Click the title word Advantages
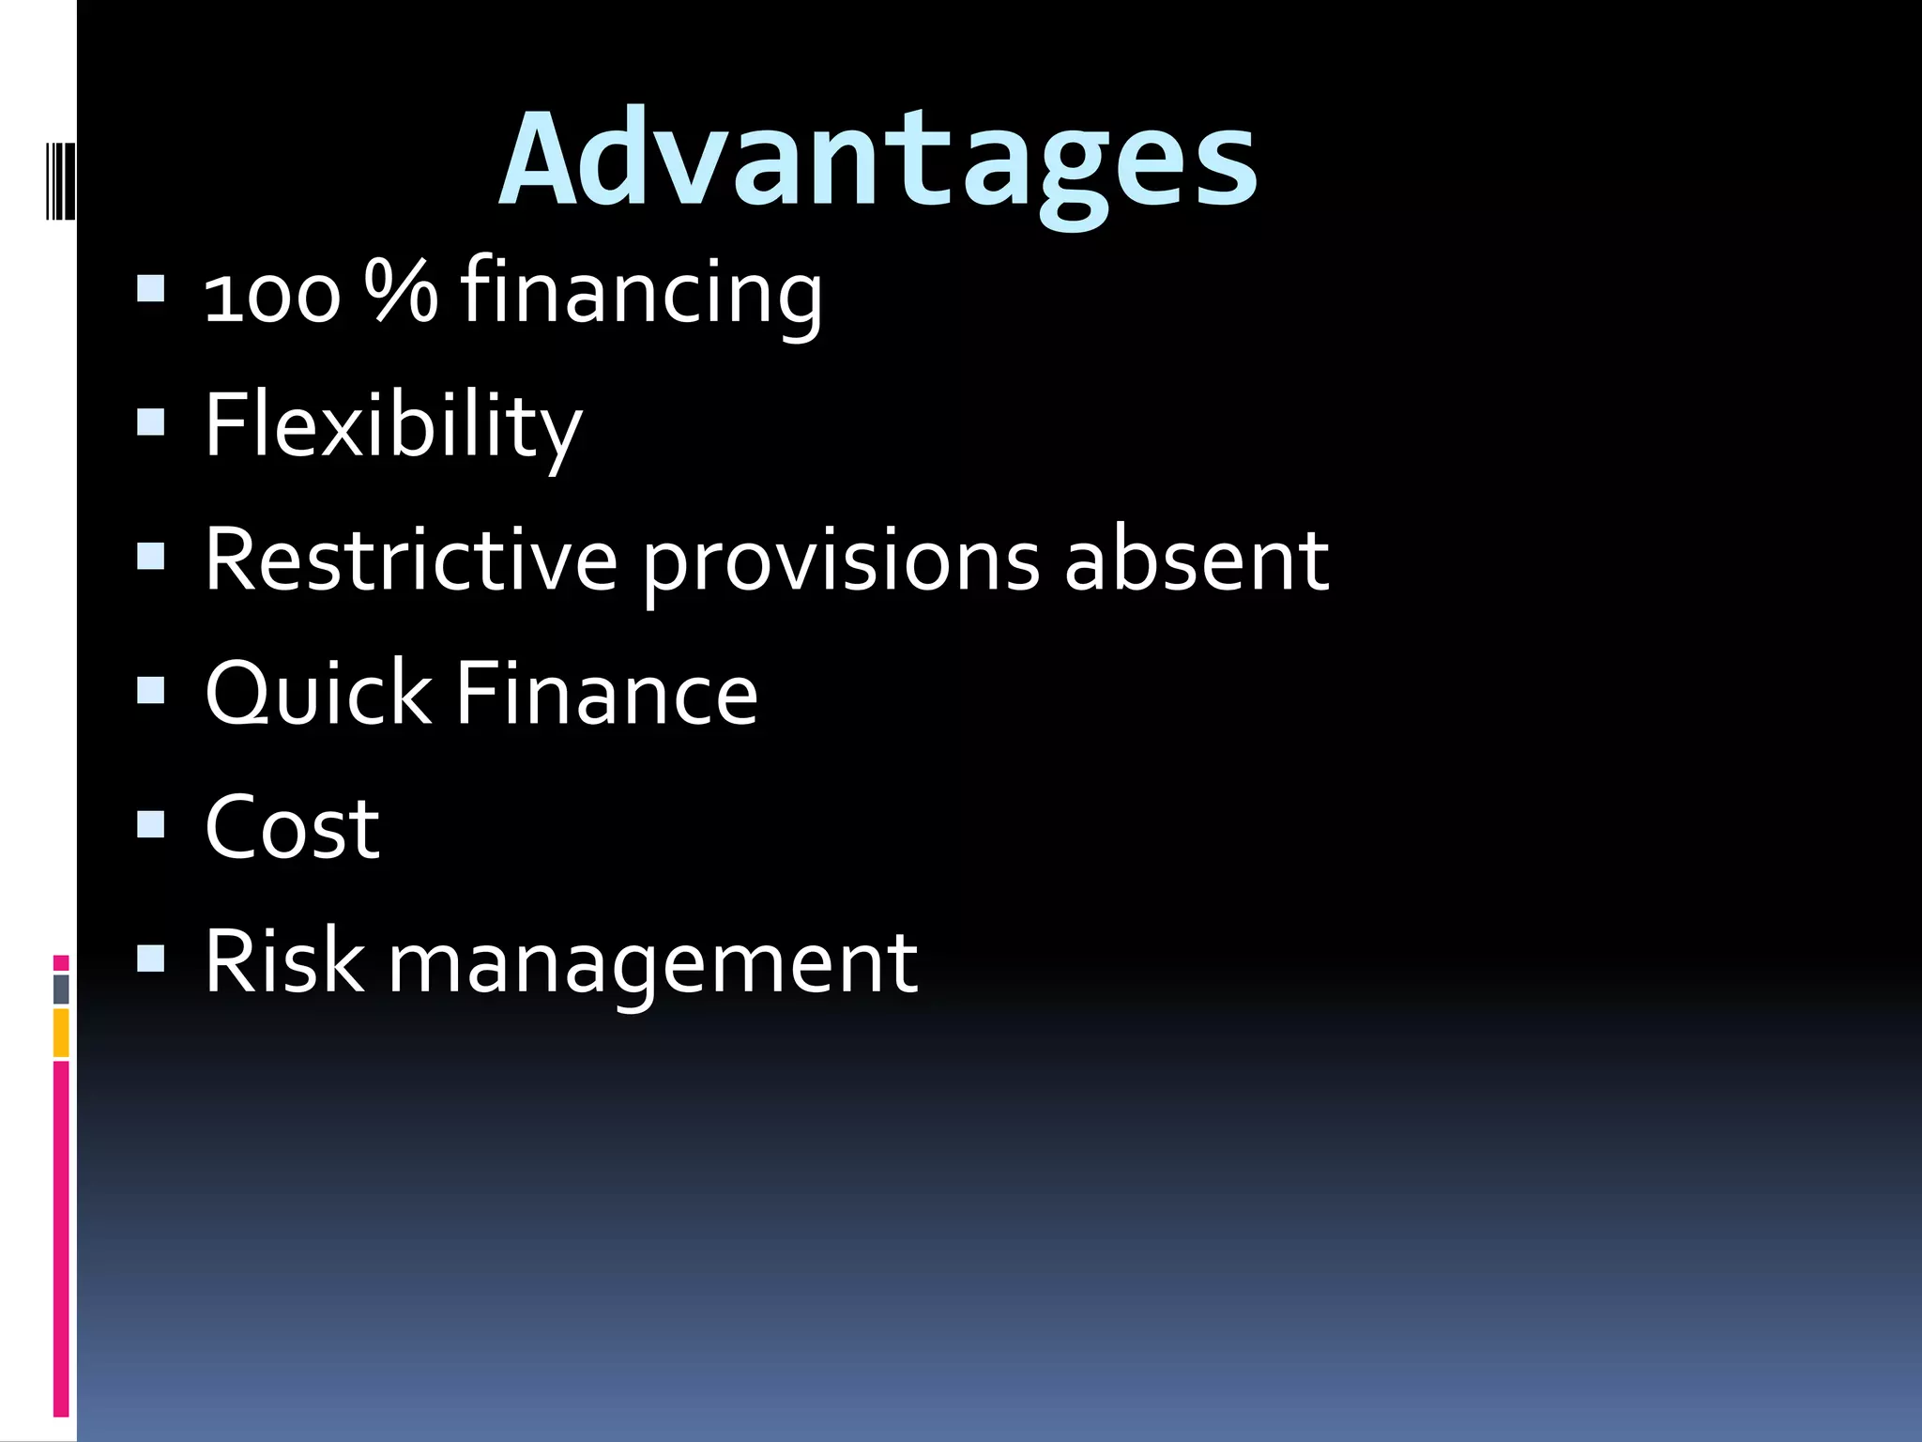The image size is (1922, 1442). click(x=878, y=160)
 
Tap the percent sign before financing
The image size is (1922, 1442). click(x=401, y=291)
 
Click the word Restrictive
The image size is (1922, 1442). click(x=411, y=560)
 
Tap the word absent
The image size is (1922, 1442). click(x=1197, y=560)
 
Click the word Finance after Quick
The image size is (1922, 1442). click(x=606, y=693)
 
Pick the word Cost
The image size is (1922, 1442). click(x=292, y=827)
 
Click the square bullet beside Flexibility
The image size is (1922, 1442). click(x=151, y=422)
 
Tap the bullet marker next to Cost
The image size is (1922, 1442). click(x=151, y=824)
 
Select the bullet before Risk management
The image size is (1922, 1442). click(x=151, y=958)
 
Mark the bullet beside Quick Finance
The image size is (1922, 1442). click(x=151, y=690)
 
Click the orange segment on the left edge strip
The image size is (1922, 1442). click(x=61, y=1032)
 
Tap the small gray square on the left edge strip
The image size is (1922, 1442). click(x=61, y=989)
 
